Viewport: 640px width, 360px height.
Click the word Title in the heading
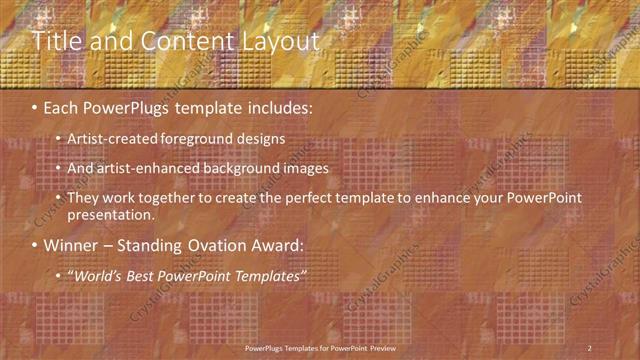(x=56, y=41)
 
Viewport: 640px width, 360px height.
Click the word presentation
(x=111, y=215)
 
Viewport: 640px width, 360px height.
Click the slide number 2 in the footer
(x=589, y=348)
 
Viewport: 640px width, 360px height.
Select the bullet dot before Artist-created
(x=59, y=139)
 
